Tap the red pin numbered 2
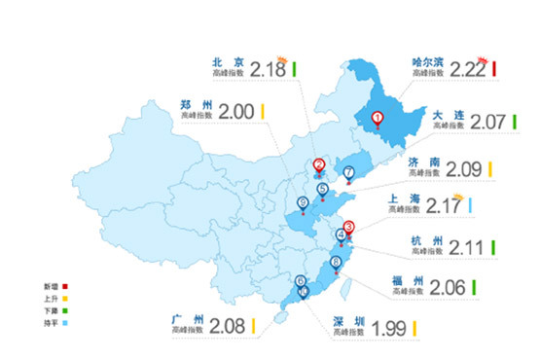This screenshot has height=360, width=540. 319,164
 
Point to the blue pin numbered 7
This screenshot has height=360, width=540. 348,173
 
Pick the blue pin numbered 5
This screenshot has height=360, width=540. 322,189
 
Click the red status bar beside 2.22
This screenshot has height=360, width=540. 495,68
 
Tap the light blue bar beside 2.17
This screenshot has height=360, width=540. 469,206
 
